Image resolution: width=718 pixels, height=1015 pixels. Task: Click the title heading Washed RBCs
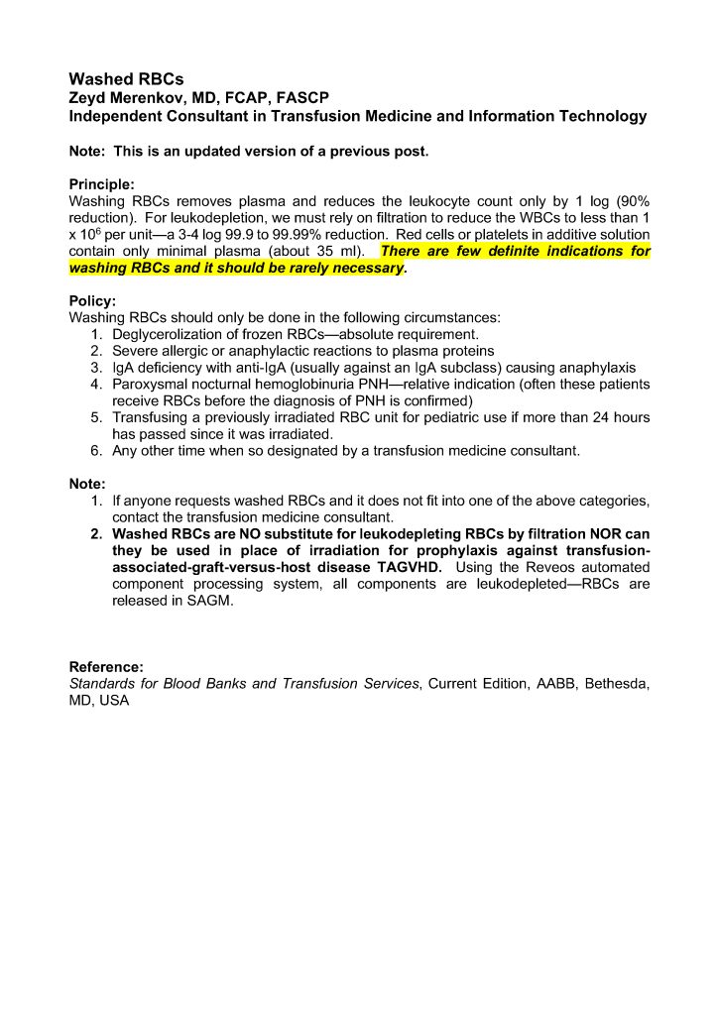point(126,79)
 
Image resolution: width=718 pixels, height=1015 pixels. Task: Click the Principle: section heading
point(101,184)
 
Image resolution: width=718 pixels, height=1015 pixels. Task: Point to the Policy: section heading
point(92,300)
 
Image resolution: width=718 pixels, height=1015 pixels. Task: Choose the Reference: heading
point(106,667)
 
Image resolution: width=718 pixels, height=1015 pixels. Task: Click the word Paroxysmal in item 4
point(150,384)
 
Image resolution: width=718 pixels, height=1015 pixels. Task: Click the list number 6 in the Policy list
point(96,451)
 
